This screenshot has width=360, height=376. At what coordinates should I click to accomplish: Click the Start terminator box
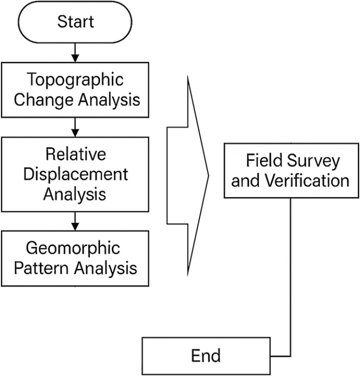tap(75, 22)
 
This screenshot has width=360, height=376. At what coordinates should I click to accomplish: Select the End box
tap(206, 356)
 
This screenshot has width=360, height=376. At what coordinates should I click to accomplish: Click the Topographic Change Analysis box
tap(75, 90)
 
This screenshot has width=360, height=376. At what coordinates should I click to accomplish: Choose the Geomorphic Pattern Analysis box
tap(75, 258)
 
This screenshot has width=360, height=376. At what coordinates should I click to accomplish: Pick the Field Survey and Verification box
tap(293, 170)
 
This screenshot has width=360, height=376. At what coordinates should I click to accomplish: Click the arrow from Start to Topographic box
tap(75, 52)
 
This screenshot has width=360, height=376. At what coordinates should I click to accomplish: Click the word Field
tap(262, 161)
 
